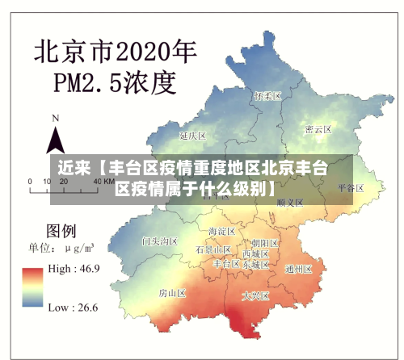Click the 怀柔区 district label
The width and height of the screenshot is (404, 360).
pyautogui.click(x=267, y=95)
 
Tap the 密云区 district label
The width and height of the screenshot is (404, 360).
pyautogui.click(x=318, y=129)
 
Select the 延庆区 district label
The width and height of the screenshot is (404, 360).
pyautogui.click(x=194, y=135)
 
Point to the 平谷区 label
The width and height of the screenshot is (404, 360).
pyautogui.click(x=351, y=187)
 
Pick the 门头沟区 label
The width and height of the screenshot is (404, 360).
pyautogui.click(x=159, y=241)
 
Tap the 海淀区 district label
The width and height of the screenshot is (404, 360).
pyautogui.click(x=221, y=232)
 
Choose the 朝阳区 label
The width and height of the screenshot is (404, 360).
pyautogui.click(x=265, y=242)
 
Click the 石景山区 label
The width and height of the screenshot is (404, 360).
pyautogui.click(x=213, y=250)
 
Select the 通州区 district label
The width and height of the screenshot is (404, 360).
pyautogui.click(x=299, y=269)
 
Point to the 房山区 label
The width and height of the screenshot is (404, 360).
pyautogui.click(x=172, y=291)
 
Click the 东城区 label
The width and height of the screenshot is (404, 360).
pyautogui.click(x=256, y=264)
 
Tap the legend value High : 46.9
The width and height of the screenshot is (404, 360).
pyautogui.click(x=74, y=268)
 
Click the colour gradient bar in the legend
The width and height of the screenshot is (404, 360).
pyautogui.click(x=33, y=287)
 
